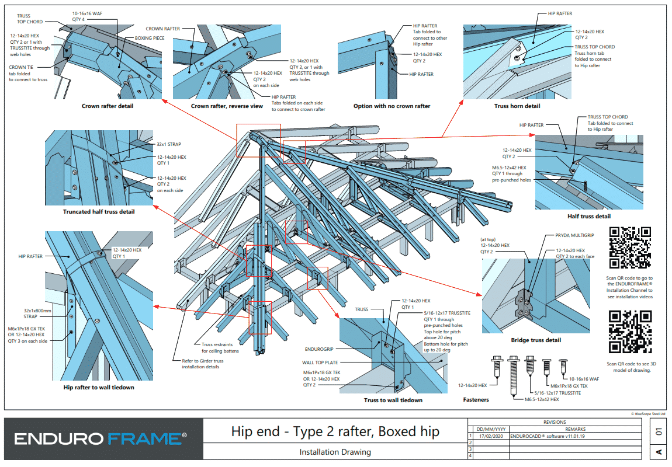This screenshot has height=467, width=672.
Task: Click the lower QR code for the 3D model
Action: tap(630, 332)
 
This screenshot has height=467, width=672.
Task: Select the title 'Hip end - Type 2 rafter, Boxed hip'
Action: tap(335, 433)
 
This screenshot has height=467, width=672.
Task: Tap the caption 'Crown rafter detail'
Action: tap(108, 106)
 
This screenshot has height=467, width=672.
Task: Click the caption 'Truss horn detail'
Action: tap(517, 106)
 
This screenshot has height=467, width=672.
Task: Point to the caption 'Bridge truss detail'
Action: tap(536, 340)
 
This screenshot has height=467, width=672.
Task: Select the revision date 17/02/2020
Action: tap(490, 435)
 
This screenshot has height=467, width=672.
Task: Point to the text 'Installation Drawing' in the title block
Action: tap(335, 452)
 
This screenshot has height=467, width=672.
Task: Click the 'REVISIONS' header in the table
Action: tap(554, 422)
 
